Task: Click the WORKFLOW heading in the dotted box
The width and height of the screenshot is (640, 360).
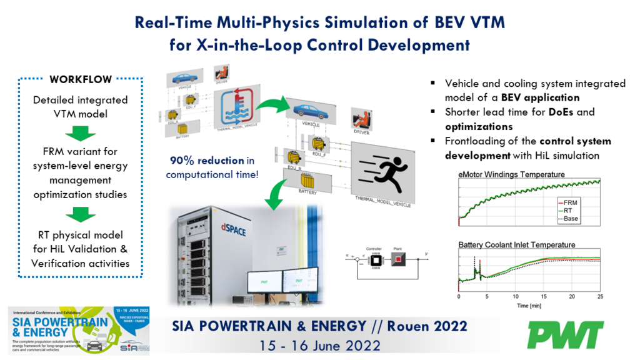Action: click(x=81, y=80)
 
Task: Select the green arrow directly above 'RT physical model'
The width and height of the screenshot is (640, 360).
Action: click(x=81, y=214)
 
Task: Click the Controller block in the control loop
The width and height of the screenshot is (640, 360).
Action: click(x=376, y=258)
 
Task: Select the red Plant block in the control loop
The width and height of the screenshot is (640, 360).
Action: click(x=399, y=258)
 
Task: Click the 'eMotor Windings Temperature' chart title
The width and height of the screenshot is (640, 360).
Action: click(x=511, y=174)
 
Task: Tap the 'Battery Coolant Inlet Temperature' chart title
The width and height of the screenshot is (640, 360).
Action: click(x=516, y=244)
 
